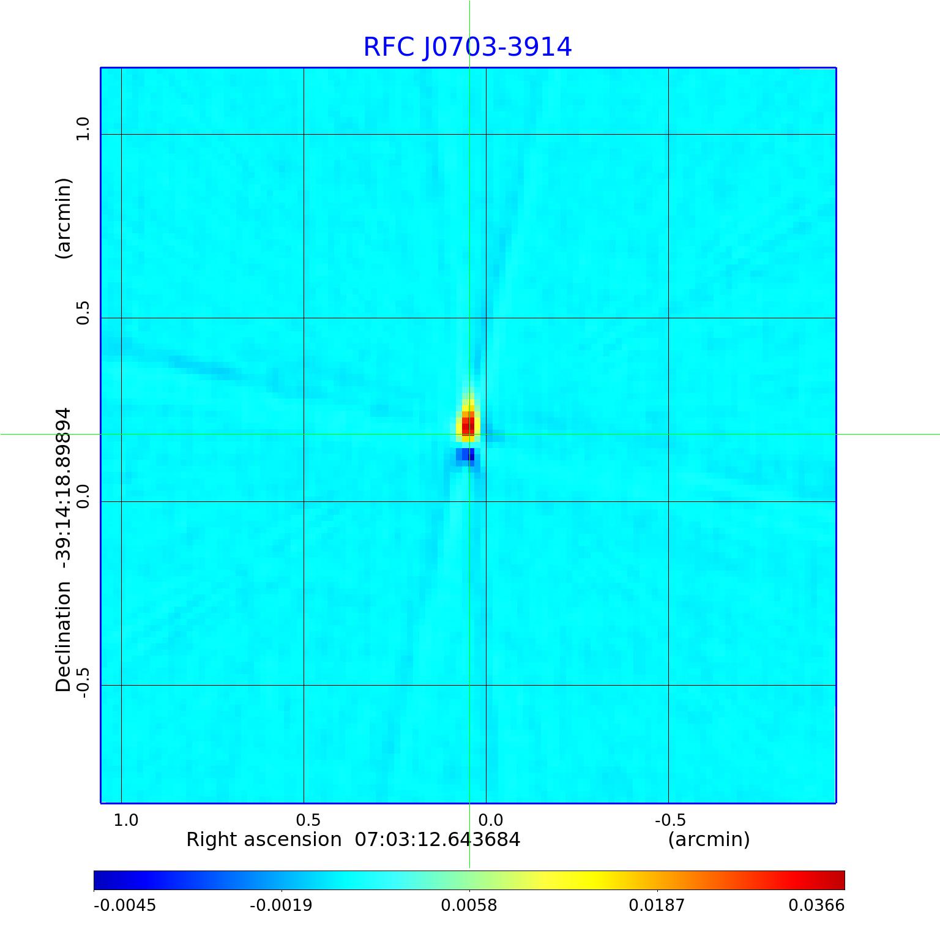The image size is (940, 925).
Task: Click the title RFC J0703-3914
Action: [x=468, y=47]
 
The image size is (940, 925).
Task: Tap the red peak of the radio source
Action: [x=468, y=424]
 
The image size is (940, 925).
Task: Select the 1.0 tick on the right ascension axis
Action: [x=126, y=820]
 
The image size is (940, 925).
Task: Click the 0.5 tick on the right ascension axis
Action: [x=308, y=820]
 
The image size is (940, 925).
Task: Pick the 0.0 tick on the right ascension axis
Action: [x=490, y=820]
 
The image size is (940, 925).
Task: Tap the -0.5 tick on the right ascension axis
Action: [x=670, y=820]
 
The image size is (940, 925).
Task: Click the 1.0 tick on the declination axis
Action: [x=83, y=129]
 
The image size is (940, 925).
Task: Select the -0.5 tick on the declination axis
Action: [x=83, y=680]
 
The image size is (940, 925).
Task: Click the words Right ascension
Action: [x=264, y=839]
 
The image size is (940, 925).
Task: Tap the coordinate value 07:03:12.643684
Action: [x=438, y=839]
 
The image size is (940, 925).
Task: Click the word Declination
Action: [x=63, y=637]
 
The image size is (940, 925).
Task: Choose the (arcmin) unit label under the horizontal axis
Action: [x=709, y=839]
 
